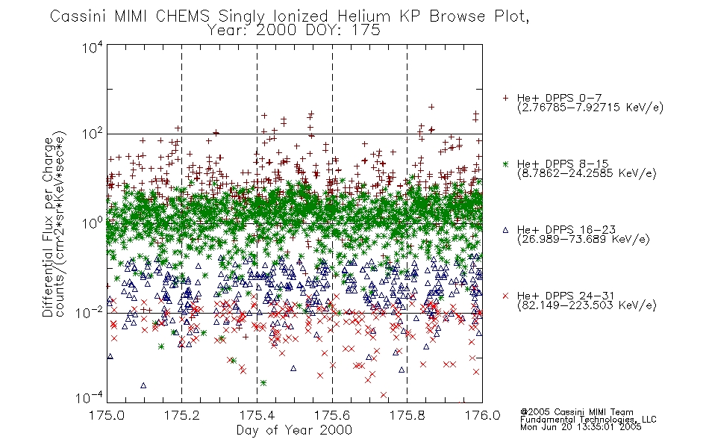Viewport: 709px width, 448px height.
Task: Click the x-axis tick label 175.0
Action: (x=107, y=414)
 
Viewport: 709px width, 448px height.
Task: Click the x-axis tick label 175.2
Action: (x=182, y=414)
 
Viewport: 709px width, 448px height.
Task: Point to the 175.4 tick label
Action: (x=257, y=414)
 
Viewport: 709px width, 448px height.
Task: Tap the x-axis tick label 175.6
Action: (x=332, y=414)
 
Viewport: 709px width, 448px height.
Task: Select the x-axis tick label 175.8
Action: (x=407, y=414)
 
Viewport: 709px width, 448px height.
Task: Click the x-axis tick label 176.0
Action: (x=482, y=414)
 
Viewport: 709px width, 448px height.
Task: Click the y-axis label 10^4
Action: (x=93, y=47)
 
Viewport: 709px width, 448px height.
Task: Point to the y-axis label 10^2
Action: (x=93, y=134)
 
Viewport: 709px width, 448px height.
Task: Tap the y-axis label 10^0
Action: (x=93, y=223)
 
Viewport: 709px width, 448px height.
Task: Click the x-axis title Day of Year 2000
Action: (x=294, y=430)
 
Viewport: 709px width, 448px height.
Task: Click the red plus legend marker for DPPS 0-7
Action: (x=505, y=98)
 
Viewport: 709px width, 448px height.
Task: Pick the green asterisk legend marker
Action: (x=505, y=164)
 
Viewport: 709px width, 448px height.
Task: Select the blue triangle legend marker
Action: (x=505, y=230)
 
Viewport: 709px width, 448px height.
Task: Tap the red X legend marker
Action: (x=505, y=296)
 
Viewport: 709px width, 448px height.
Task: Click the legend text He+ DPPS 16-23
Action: (x=566, y=229)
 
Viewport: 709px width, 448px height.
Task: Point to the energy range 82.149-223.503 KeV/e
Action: (x=587, y=305)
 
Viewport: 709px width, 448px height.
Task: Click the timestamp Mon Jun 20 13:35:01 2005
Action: (x=581, y=426)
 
